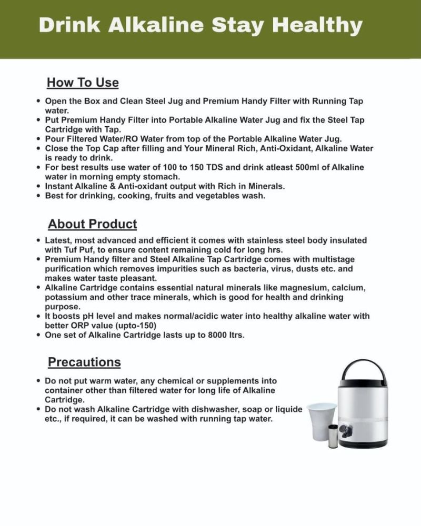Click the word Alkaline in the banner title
pos(153,25)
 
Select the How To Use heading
pos(83,83)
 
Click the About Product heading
pos(93,224)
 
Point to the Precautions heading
pos(84,362)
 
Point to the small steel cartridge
pos(333,436)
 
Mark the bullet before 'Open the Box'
pos(38,101)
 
